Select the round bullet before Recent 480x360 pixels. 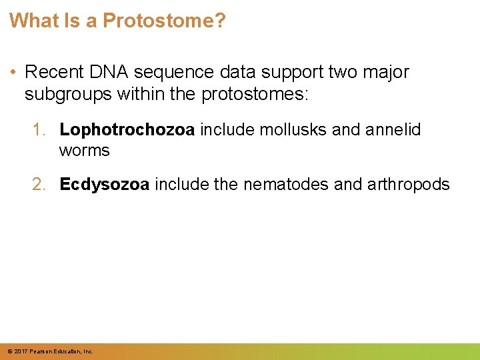14,72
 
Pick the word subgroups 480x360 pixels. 69,95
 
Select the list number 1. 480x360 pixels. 39,129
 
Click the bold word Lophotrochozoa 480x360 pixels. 127,129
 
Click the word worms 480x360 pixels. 84,151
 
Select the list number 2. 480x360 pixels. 39,184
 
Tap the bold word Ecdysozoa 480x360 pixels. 105,184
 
